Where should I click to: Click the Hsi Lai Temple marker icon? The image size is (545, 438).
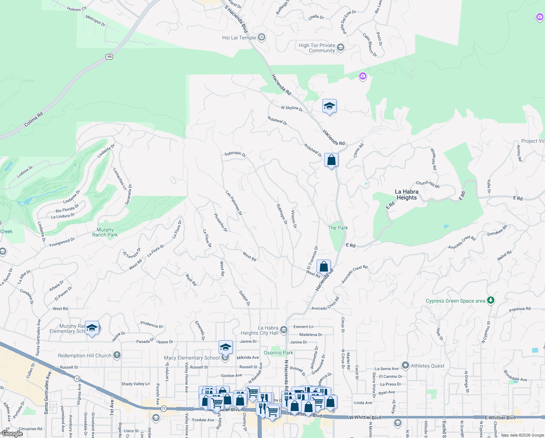pos(261,37)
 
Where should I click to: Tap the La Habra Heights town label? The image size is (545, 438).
pos(407,195)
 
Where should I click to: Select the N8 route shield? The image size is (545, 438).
pos(109,57)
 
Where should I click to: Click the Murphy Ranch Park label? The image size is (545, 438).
pos(105,232)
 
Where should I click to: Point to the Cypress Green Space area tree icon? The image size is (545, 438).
pos(491,300)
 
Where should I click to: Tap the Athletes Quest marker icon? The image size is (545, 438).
pos(405,365)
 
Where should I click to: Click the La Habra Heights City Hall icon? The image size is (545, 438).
pos(284,330)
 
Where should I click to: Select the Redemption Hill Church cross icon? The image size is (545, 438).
pos(117,355)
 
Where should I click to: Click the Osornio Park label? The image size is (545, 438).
pos(278,353)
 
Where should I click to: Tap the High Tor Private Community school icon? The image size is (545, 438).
pos(341,47)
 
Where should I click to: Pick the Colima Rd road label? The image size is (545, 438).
pos(34,119)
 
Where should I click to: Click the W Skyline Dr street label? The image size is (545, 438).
pos(292,108)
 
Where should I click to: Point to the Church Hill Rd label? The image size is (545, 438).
pos(428,184)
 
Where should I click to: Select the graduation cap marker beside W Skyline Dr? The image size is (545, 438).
pos(329,106)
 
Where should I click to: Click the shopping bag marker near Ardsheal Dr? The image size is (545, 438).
pos(331,160)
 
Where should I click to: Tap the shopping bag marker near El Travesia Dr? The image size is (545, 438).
pos(324,267)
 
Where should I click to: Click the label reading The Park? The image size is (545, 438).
pos(338,228)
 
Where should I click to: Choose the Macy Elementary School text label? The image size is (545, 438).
pos(192,358)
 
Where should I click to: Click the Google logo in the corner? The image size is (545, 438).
pos(12,434)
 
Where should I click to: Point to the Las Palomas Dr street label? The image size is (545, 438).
pos(234,203)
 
